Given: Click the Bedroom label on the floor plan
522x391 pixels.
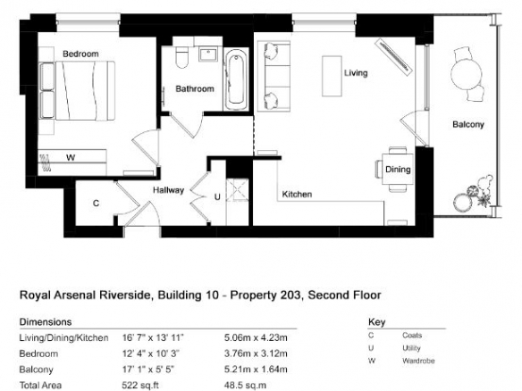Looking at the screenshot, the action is (80, 54).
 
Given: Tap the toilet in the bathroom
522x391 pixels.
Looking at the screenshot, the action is (181, 57).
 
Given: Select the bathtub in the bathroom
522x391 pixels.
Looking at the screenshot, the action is (236, 79).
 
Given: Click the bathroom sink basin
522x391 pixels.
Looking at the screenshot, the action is (208, 54).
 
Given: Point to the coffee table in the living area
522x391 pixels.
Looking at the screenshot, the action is (332, 76).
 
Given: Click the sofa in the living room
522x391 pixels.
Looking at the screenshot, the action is (274, 76).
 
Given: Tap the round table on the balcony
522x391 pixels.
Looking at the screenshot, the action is (466, 74).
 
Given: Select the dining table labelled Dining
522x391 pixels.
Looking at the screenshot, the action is (398, 170).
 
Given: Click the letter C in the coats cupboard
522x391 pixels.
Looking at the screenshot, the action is (96, 203).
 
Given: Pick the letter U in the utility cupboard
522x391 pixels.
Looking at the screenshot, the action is (217, 197).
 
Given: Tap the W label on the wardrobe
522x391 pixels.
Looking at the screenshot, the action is (71, 158).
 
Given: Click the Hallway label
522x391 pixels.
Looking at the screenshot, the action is (168, 190).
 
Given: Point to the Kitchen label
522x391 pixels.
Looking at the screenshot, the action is (297, 195).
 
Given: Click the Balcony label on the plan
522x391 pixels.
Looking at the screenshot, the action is (468, 124).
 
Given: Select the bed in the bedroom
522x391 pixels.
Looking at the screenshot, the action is (77, 90).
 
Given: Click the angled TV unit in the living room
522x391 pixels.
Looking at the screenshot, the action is (394, 56).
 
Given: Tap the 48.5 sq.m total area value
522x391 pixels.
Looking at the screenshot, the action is (245, 385).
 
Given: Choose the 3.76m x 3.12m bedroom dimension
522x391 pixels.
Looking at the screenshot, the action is (256, 354).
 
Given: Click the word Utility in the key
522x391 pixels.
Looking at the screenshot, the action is (411, 348).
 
